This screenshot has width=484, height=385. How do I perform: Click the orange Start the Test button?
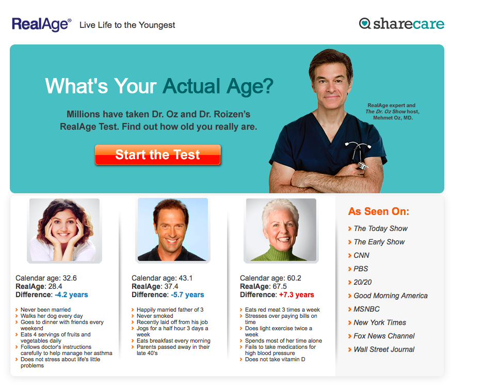158,155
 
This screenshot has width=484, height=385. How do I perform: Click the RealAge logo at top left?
42,24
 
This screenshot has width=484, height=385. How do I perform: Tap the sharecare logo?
401,24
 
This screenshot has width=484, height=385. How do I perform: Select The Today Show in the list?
381,228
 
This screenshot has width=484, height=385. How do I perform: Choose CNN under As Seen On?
362,255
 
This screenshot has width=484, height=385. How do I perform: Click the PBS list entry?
361,269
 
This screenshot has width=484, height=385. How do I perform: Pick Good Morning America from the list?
391,296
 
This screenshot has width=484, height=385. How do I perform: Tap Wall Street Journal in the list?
384,349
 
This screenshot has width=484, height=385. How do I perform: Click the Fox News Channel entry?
384,336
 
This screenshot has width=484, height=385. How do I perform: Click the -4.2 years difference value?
71,295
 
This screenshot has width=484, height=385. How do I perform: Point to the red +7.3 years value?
296,295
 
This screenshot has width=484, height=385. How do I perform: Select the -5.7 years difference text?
187,295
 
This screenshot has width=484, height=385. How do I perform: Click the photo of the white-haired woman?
281,230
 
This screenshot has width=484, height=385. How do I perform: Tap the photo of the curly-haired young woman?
64,230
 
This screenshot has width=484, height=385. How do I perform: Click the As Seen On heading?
379,211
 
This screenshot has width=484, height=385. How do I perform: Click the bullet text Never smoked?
155,316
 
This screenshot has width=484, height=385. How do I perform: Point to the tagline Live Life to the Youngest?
127,25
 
